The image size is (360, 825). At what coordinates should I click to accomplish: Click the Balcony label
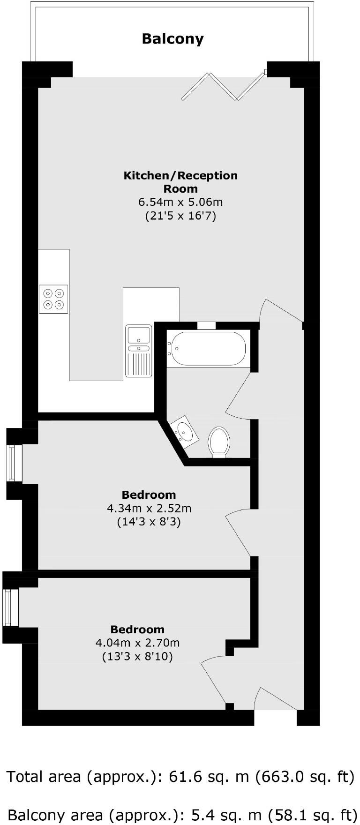pyautogui.click(x=172, y=38)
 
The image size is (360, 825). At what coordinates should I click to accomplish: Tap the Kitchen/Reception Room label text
pyautogui.click(x=180, y=182)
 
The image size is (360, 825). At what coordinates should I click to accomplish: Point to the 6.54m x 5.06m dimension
pyautogui.click(x=180, y=202)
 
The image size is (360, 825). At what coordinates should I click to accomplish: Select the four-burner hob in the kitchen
pyautogui.click(x=53, y=299)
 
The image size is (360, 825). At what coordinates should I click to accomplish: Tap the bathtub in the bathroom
pyautogui.click(x=206, y=349)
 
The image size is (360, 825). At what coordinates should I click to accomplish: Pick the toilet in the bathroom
pyautogui.click(x=219, y=441)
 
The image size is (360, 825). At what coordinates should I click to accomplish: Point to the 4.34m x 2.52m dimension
pyautogui.click(x=149, y=508)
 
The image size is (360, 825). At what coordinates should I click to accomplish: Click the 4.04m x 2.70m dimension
pyautogui.click(x=137, y=643)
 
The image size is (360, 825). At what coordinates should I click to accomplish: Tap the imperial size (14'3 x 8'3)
pyautogui.click(x=149, y=522)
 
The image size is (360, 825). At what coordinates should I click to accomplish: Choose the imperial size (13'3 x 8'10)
pyautogui.click(x=137, y=656)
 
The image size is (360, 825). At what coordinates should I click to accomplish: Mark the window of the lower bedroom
pyautogui.click(x=10, y=607)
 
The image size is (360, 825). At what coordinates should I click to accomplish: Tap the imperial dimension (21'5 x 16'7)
pyautogui.click(x=180, y=216)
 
